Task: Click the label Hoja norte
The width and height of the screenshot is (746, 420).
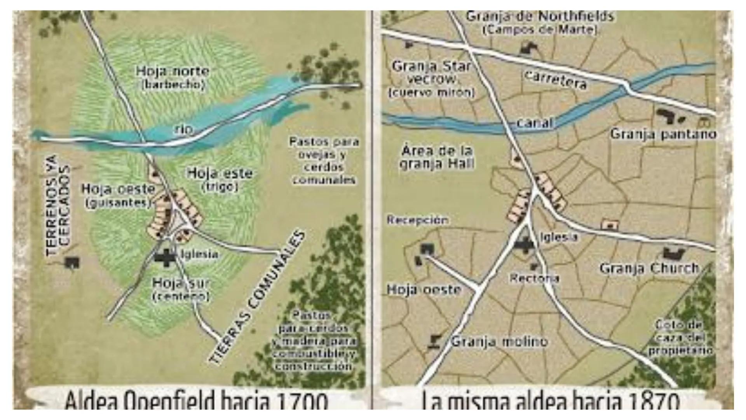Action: coord(173,72)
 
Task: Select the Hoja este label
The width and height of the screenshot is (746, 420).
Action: coord(220,173)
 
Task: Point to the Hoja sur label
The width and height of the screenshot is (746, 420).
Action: coord(180,283)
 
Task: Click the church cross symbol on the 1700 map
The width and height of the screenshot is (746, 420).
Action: coord(166,257)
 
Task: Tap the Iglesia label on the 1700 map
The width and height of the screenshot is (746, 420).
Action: coord(200,254)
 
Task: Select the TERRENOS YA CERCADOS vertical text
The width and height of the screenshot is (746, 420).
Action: coord(58,205)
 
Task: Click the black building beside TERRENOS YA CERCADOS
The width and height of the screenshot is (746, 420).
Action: coord(72,262)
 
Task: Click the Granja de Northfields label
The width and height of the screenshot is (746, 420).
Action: coord(540,16)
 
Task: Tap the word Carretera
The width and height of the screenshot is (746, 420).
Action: coord(556,80)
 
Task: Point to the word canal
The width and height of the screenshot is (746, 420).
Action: coord(535,123)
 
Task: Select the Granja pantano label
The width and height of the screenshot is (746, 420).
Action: coord(663,134)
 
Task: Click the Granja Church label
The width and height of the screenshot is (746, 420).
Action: coord(649,268)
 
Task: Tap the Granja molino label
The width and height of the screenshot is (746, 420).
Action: coord(499,342)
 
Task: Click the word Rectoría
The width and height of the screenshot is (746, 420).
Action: coord(534,278)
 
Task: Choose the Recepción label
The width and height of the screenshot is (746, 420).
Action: coord(417,220)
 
